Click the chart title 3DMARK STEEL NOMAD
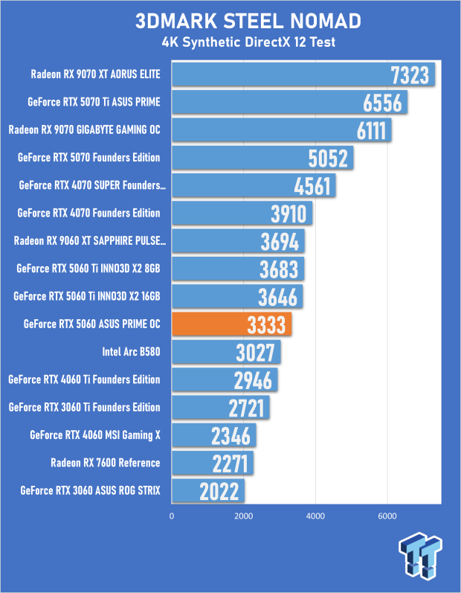click(x=248, y=21)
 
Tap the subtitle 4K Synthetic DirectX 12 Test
click(x=248, y=42)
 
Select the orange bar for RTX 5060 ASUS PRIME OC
click(x=232, y=324)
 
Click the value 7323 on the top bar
click(x=410, y=75)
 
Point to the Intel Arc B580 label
click(x=131, y=352)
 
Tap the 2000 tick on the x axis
click(x=243, y=516)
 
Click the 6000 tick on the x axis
click(x=387, y=516)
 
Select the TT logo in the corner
click(x=420, y=555)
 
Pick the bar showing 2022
click(x=208, y=490)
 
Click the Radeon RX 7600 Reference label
click(x=106, y=463)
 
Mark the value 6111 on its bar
click(x=372, y=130)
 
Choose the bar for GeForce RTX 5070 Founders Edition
click(x=262, y=158)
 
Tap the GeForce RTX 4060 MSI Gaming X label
click(x=95, y=435)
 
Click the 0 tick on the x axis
click(x=172, y=516)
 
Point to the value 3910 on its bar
click(x=288, y=214)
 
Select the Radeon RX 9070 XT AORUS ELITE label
click(x=96, y=74)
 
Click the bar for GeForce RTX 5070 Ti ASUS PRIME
click(x=290, y=102)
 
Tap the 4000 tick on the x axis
click(x=315, y=516)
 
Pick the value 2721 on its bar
click(x=246, y=408)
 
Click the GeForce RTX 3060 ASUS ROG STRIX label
click(x=90, y=490)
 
